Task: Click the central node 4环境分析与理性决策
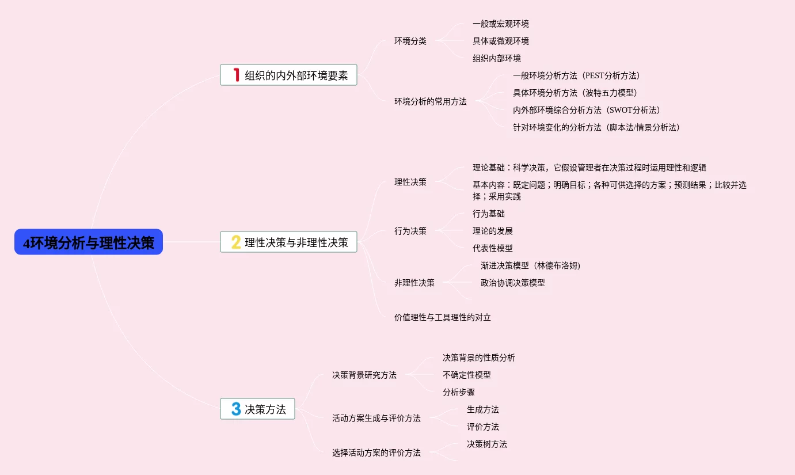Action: [x=89, y=242]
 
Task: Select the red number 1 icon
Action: [x=236, y=75]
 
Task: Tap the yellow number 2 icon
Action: [x=236, y=242]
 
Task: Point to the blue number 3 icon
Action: [x=236, y=409]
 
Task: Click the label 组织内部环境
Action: [x=496, y=59]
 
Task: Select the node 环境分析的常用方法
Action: [x=430, y=102]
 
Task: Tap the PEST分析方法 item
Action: [x=576, y=76]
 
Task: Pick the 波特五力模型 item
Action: [x=575, y=93]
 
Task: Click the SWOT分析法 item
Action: [x=586, y=111]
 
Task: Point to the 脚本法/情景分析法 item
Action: [x=596, y=128]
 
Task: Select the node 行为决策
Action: [x=410, y=231]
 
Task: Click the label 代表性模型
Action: [x=492, y=249]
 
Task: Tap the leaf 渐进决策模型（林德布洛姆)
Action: [x=530, y=266]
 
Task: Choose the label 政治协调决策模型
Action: [x=512, y=283]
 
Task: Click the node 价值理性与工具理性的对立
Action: [x=442, y=318]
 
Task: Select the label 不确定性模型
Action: [x=466, y=375]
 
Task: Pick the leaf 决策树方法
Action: [x=486, y=444]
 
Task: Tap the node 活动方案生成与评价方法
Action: [x=376, y=419]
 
